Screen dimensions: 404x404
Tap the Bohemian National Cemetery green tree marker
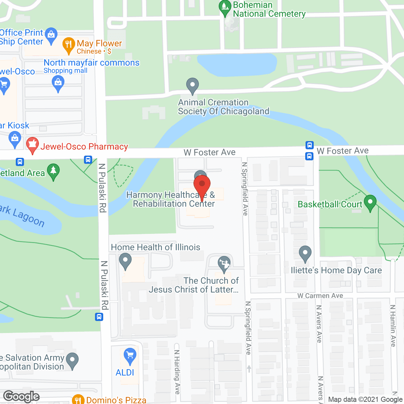tap(225, 8)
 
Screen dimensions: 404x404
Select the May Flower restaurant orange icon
tap(68, 45)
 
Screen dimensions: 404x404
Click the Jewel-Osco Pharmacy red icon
tap(32, 146)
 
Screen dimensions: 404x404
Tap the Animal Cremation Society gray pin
tap(192, 86)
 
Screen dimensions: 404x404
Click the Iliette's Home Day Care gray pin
tap(305, 253)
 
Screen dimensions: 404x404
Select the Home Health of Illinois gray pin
tap(125, 261)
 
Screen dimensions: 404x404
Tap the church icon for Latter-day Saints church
tap(224, 264)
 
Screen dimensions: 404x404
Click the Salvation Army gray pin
tap(73, 360)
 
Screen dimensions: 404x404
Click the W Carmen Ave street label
tap(320, 296)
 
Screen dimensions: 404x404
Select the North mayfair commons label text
tap(92, 63)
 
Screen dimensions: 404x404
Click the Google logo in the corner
tap(21, 396)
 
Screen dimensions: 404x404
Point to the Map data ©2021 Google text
tap(365, 400)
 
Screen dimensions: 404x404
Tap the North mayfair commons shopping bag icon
tap(58, 84)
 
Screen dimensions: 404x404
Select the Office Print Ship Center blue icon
tap(51, 35)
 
